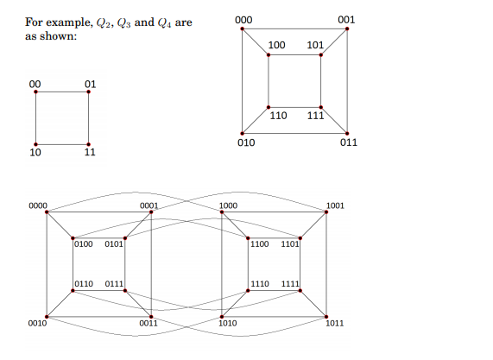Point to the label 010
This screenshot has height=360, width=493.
tap(245, 142)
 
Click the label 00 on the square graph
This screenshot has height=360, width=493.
tap(35, 83)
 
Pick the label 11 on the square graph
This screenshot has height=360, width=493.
tap(89, 154)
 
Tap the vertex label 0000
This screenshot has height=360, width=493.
tap(37, 206)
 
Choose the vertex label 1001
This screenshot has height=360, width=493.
tap(336, 206)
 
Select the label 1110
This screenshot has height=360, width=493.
tap(259, 284)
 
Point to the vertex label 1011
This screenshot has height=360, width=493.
tap(335, 324)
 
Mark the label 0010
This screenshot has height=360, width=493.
tap(36, 324)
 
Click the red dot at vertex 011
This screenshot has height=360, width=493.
tap(347, 132)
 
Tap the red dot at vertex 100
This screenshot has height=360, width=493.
tap(269, 56)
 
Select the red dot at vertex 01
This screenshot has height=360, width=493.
tap(89, 92)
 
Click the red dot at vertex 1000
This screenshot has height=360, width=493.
tap(222, 212)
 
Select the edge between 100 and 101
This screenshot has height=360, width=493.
tap(294, 56)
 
